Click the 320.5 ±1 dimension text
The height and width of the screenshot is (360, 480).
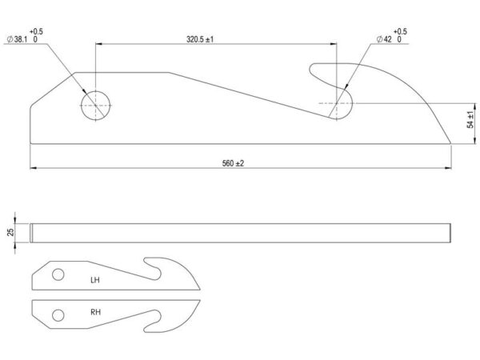[x=200, y=39]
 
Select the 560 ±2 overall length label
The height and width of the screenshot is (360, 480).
[x=233, y=163]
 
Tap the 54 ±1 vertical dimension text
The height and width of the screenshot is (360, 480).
[x=471, y=120]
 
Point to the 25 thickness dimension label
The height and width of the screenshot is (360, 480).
[x=10, y=232]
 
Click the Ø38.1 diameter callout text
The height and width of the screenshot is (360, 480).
[x=17, y=39]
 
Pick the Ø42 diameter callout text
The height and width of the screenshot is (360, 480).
[x=384, y=39]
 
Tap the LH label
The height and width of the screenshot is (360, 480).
[x=95, y=280]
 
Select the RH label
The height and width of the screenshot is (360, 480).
[x=95, y=312]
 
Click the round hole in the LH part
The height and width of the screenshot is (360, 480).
[x=58, y=274]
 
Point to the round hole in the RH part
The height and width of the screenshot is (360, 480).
[x=58, y=315]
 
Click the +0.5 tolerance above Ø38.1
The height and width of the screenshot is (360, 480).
[x=36, y=31]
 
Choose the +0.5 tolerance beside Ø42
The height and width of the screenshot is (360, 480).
[x=400, y=31]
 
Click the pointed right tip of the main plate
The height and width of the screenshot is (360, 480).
[x=450, y=142]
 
